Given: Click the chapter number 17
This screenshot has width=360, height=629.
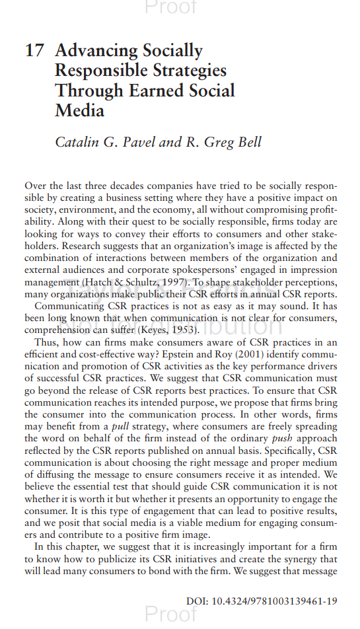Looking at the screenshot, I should coord(34,51).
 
